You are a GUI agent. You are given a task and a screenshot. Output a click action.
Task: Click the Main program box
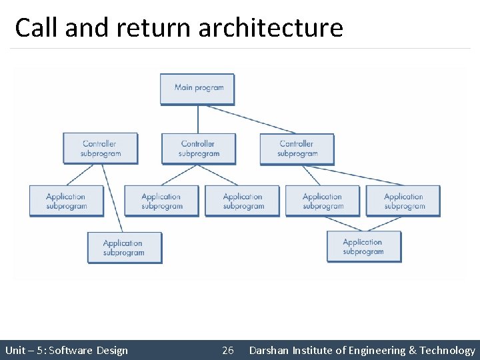click(197, 88)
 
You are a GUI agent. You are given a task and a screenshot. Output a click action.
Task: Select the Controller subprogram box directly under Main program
click(198, 148)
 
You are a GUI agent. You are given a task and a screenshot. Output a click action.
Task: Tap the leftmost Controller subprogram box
click(100, 148)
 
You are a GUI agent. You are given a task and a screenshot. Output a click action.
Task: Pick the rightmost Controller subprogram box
click(297, 148)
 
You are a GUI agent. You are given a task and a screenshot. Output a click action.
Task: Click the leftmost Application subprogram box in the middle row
click(66, 201)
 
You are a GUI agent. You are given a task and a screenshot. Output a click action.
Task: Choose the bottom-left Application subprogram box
click(124, 247)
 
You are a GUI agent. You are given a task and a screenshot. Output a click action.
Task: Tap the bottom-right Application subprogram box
click(363, 247)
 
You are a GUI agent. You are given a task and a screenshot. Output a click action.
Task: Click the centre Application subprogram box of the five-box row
click(243, 201)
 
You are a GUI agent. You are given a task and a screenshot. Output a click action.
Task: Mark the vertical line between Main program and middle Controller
click(198, 119)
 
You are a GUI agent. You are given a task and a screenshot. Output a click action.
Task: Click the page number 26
click(228, 351)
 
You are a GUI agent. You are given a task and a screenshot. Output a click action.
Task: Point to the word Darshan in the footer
click(268, 351)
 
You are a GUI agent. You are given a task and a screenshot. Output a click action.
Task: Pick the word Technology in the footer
click(447, 351)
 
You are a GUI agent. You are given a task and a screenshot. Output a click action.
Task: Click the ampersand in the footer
click(412, 351)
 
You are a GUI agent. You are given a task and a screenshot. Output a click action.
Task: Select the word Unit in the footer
click(15, 351)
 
